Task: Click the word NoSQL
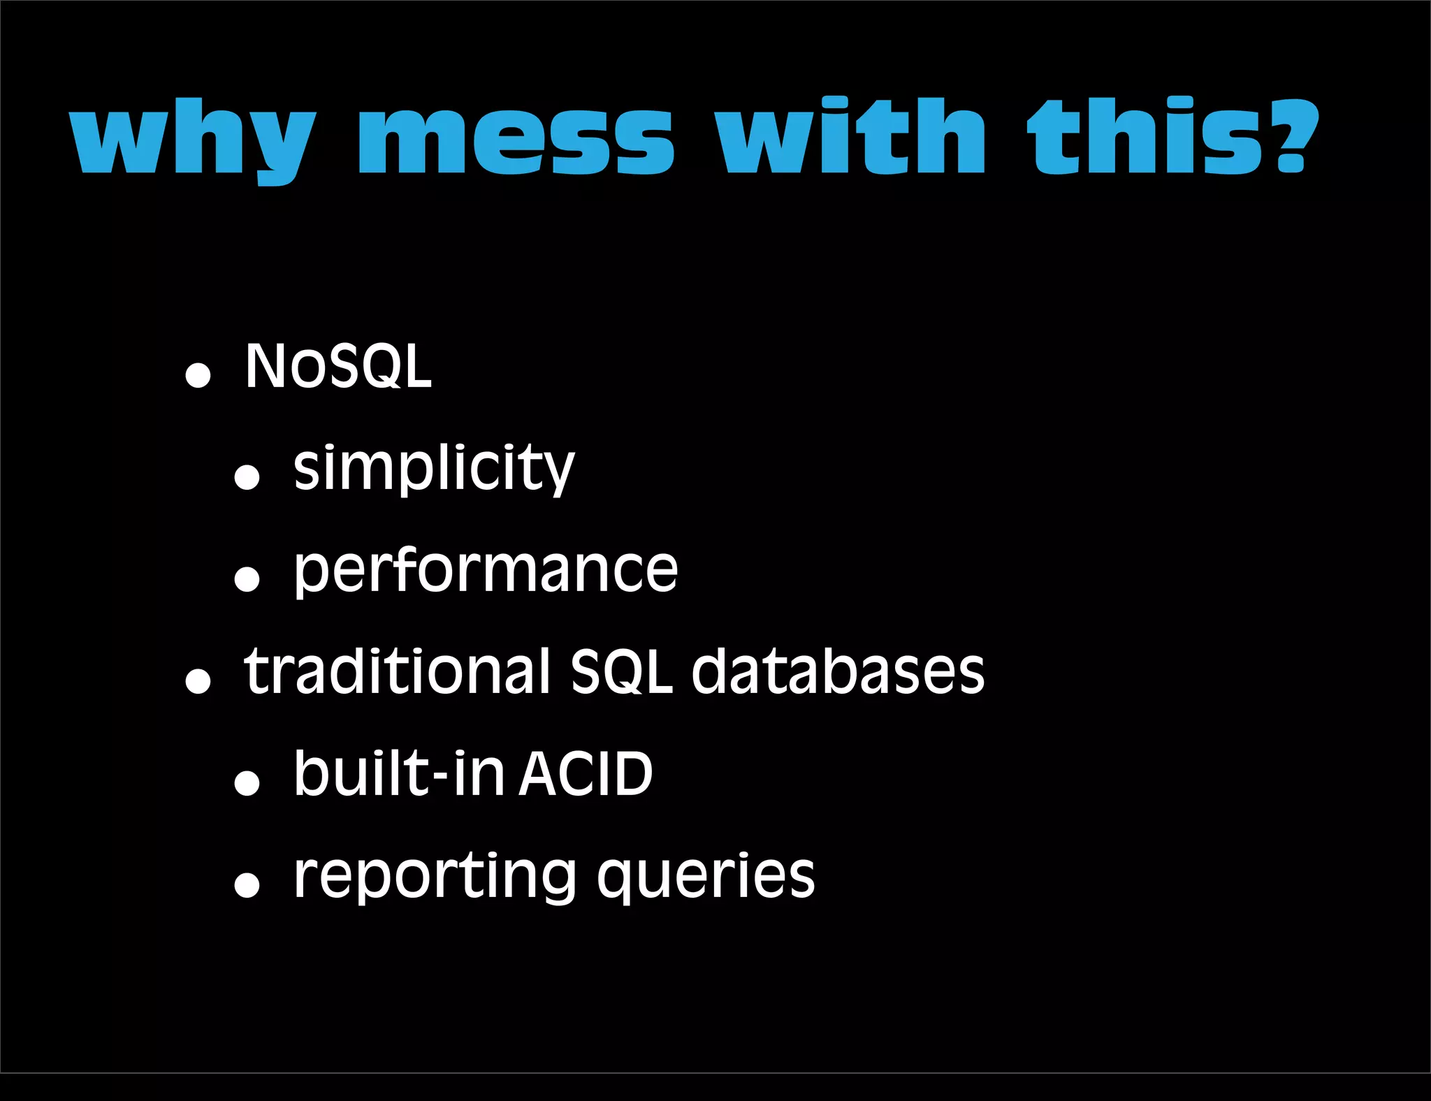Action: [x=338, y=366]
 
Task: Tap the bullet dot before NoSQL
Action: [x=198, y=375]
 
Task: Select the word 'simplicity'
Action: [x=433, y=468]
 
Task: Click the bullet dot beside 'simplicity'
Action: [x=247, y=477]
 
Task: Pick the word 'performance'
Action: [x=486, y=570]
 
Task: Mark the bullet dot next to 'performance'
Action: [x=247, y=579]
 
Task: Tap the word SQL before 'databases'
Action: [x=621, y=672]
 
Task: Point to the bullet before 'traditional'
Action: [x=198, y=681]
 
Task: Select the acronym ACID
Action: [x=586, y=774]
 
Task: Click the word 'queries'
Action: [x=706, y=877]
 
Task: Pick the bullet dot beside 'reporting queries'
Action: [x=247, y=884]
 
